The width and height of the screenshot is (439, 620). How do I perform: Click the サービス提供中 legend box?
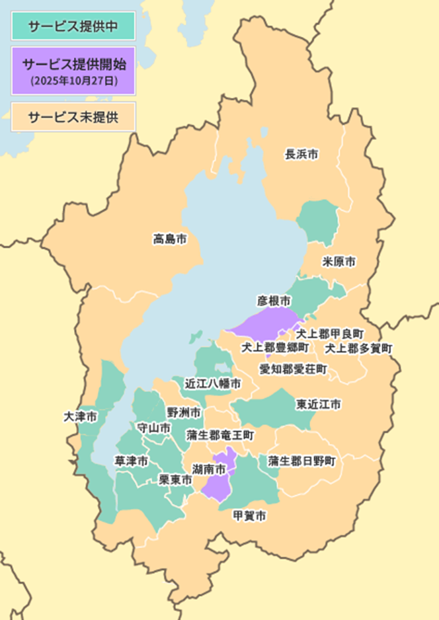click(x=73, y=27)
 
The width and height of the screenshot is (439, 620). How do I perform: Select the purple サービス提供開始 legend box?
click(x=73, y=69)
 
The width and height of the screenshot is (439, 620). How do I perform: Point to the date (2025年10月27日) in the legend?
click(x=73, y=81)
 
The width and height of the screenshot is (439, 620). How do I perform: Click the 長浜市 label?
click(x=301, y=154)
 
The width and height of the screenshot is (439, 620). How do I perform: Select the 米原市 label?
click(x=339, y=262)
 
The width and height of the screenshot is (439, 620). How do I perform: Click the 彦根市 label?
click(x=274, y=301)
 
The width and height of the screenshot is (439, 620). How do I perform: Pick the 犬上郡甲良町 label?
click(x=329, y=333)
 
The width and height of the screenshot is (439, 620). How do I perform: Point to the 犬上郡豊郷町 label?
click(x=274, y=347)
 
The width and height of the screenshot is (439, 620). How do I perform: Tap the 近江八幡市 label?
click(x=212, y=383)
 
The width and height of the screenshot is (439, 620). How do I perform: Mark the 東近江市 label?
click(x=319, y=403)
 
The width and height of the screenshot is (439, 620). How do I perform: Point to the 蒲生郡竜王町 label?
click(x=220, y=435)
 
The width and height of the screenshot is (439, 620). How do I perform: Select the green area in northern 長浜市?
click(x=317, y=220)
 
